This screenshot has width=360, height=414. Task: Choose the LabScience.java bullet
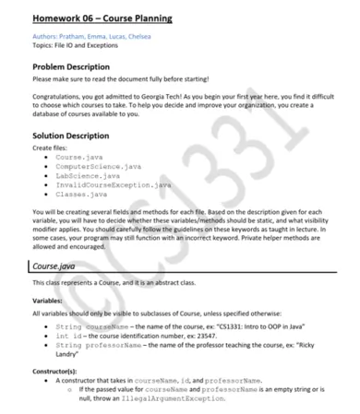point(87,175)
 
